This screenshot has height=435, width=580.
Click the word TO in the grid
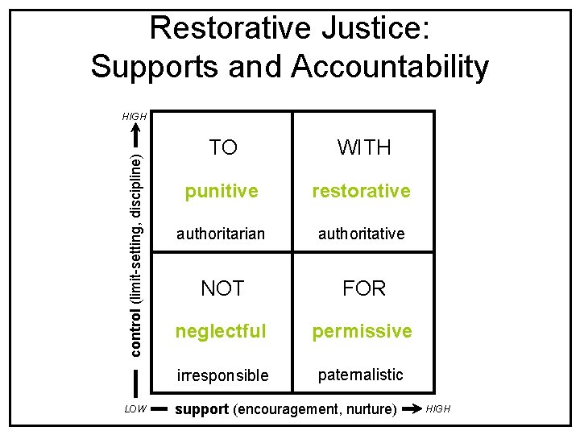(222, 147)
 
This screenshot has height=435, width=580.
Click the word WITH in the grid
(364, 147)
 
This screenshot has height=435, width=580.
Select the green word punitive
(222, 192)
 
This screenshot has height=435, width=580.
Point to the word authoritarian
(221, 234)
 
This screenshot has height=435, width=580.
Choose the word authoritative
(362, 234)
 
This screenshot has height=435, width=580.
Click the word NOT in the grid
(222, 288)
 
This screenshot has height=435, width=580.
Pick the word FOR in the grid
(364, 288)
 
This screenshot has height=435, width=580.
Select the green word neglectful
(222, 331)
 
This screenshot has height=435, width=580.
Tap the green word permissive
(362, 331)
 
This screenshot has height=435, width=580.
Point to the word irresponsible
(222, 376)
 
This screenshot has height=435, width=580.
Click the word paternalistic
(361, 375)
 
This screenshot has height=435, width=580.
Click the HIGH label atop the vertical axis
(135, 117)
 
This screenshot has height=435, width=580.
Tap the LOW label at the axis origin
(135, 409)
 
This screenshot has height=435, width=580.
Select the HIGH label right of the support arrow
(438, 409)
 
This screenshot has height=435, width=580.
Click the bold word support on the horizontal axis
(201, 409)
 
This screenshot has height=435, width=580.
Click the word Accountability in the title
(390, 67)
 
